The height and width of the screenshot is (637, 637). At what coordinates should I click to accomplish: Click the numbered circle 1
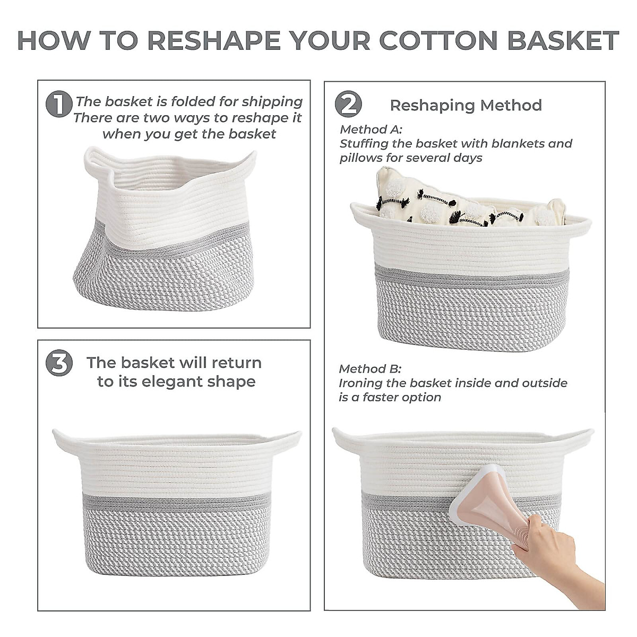(59, 104)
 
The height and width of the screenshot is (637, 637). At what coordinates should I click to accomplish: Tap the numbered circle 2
(348, 104)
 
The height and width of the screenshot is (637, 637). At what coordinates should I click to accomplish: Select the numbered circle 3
(59, 363)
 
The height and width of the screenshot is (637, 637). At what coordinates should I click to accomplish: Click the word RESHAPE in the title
(213, 40)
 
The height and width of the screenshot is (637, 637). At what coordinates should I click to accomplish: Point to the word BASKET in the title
(563, 40)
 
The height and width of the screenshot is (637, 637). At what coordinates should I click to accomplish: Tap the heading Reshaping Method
(466, 105)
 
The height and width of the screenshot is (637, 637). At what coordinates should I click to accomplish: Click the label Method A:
(371, 129)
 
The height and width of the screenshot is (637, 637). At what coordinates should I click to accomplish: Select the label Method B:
(370, 368)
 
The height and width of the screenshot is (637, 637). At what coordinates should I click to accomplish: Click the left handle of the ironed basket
(347, 440)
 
